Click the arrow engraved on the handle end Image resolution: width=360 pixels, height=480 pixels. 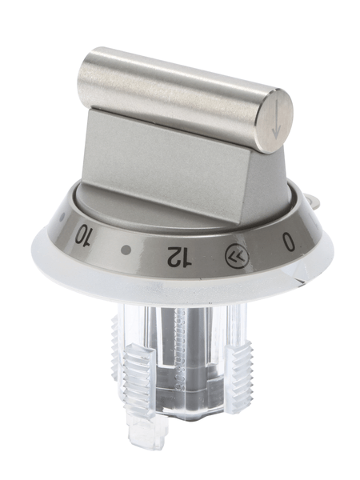(276, 119)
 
